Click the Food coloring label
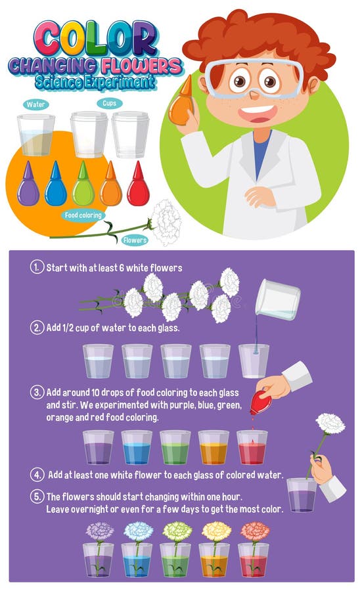coord(83,214)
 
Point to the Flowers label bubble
coord(135,240)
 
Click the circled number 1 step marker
coord(36,267)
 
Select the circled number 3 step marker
coord(36,393)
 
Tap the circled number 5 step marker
coord(36,496)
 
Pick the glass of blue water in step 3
coord(137,448)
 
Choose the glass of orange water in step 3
coord(214,448)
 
